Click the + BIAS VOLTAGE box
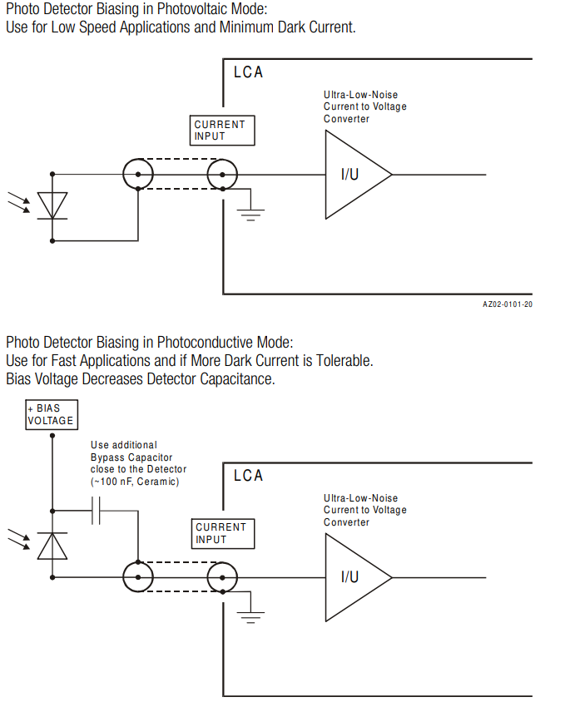pyautogui.click(x=51, y=414)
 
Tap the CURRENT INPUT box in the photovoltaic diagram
pyautogui.click(x=221, y=131)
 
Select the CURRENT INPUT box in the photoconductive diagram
pyautogui.click(x=221, y=533)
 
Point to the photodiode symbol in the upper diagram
pyautogui.click(x=53, y=205)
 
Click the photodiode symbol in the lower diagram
pyautogui.click(x=52, y=545)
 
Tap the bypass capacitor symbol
pyautogui.click(x=97, y=510)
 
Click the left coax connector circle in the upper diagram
pyautogui.click(x=137, y=175)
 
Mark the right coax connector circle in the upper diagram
pyautogui.click(x=222, y=175)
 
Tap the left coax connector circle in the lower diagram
pyautogui.click(x=137, y=577)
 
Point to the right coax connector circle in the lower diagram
pyautogui.click(x=222, y=577)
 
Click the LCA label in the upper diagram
pyautogui.click(x=248, y=72)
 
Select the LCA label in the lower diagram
pyautogui.click(x=248, y=476)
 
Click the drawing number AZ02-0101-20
pyautogui.click(x=507, y=304)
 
